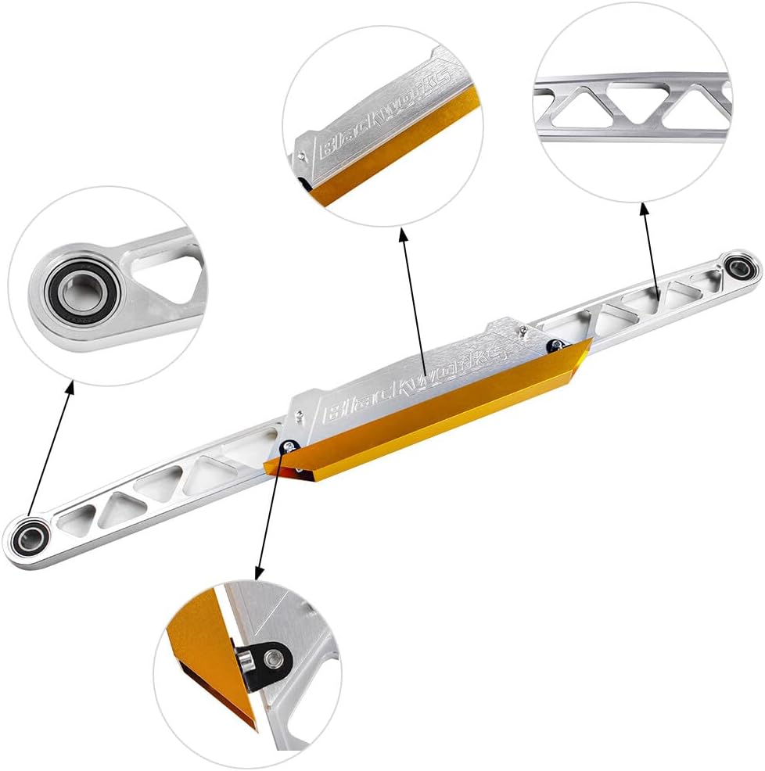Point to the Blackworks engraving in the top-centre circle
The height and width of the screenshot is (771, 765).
pyautogui.click(x=386, y=115)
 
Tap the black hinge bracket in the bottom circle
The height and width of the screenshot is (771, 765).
pyautogui.click(x=265, y=660)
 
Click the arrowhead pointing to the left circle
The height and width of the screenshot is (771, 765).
pyautogui.click(x=70, y=386)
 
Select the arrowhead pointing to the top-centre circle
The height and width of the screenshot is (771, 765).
pyautogui.click(x=403, y=235)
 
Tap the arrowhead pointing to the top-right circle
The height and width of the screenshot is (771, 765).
pyautogui.click(x=644, y=209)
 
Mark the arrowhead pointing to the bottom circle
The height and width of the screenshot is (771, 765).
pyautogui.click(x=259, y=572)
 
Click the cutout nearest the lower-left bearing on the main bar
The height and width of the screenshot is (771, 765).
pyautogui.click(x=77, y=518)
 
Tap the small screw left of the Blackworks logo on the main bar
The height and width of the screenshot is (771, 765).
pyautogui.click(x=298, y=417)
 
